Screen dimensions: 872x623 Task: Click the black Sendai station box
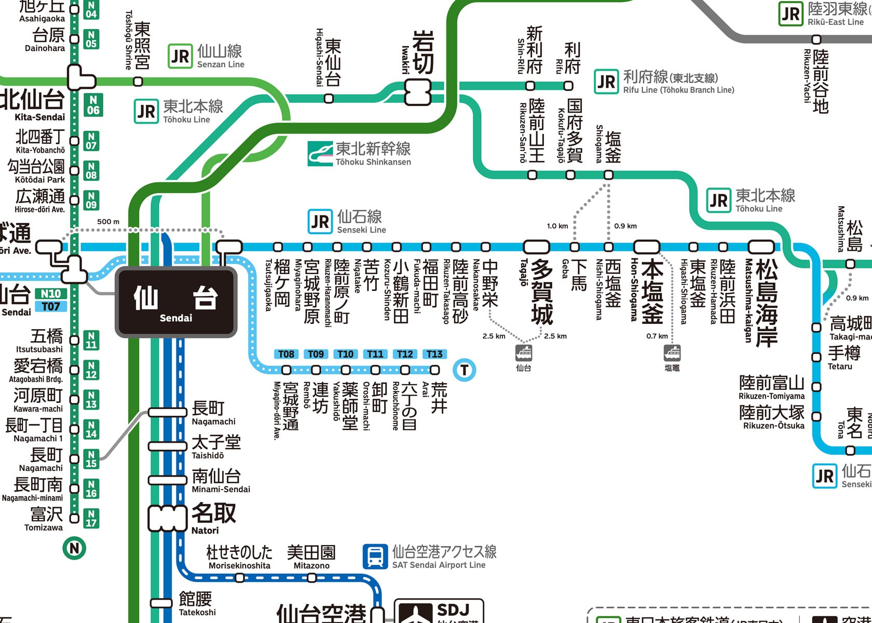click(176, 302)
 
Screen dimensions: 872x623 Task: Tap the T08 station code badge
click(286, 354)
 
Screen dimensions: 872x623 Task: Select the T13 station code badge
click(434, 354)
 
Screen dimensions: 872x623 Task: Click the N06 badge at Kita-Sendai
click(93, 104)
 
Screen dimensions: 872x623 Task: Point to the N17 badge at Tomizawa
click(91, 518)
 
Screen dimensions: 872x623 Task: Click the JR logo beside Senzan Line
click(180, 56)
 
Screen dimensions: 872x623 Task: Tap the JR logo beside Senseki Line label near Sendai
click(320, 222)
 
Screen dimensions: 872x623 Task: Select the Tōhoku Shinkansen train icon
click(320, 154)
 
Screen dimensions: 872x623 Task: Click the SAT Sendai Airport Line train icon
click(375, 557)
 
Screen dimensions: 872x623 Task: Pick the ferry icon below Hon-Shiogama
click(672, 353)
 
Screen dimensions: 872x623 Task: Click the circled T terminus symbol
click(464, 370)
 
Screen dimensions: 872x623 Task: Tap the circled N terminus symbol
click(74, 548)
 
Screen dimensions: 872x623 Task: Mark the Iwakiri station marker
click(418, 92)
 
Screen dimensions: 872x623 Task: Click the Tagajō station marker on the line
click(536, 247)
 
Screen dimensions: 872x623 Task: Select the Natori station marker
click(167, 518)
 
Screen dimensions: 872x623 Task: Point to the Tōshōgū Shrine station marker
click(138, 82)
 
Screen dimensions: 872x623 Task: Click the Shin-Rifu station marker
click(530, 85)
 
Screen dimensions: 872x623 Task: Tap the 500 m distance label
click(108, 222)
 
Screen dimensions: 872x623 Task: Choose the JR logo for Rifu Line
click(606, 82)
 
